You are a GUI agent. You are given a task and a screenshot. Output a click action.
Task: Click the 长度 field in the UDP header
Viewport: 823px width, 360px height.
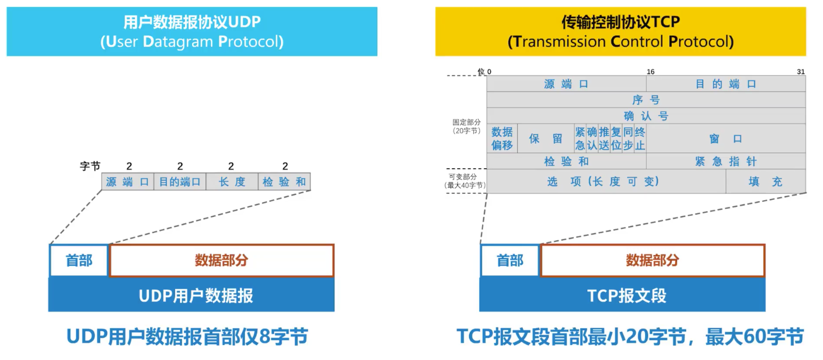click(232, 182)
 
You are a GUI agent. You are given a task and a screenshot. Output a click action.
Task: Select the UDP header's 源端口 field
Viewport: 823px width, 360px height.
click(128, 182)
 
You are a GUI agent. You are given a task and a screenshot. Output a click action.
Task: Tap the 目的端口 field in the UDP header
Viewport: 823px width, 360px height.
click(180, 182)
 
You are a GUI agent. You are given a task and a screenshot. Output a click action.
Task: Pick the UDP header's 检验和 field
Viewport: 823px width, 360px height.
click(284, 182)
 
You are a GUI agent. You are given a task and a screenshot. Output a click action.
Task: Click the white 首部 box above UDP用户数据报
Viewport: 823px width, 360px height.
click(79, 260)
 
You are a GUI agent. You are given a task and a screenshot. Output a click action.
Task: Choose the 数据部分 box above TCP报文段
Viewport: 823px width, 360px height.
click(652, 260)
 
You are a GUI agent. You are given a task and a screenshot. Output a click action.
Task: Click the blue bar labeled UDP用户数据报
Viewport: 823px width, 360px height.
click(191, 295)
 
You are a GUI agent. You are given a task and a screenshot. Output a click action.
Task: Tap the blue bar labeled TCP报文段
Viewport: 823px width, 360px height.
click(622, 295)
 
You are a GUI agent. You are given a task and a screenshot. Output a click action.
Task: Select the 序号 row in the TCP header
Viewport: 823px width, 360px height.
click(646, 100)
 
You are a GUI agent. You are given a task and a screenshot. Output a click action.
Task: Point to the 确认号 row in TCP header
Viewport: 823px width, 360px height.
click(646, 116)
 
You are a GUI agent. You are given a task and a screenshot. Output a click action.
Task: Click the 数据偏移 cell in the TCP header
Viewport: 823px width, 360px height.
click(502, 138)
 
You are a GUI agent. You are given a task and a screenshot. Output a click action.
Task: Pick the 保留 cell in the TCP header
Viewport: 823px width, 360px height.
click(546, 138)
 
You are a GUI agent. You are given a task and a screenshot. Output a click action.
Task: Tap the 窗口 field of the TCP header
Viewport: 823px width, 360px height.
click(726, 138)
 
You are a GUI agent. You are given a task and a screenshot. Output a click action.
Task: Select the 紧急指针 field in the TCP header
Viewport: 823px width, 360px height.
click(726, 161)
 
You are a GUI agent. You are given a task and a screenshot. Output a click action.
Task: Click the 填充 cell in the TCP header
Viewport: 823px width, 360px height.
click(766, 182)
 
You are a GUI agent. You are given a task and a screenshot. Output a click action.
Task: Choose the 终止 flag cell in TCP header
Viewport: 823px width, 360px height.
click(640, 138)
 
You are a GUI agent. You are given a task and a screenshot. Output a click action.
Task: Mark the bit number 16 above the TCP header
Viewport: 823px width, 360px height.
click(651, 72)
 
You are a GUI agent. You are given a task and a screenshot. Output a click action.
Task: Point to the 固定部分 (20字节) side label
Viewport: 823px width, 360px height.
click(466, 126)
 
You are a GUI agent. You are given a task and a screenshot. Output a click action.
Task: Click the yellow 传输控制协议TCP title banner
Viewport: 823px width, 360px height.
click(620, 31)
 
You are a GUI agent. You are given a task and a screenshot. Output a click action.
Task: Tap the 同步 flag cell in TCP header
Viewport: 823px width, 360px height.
click(628, 138)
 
